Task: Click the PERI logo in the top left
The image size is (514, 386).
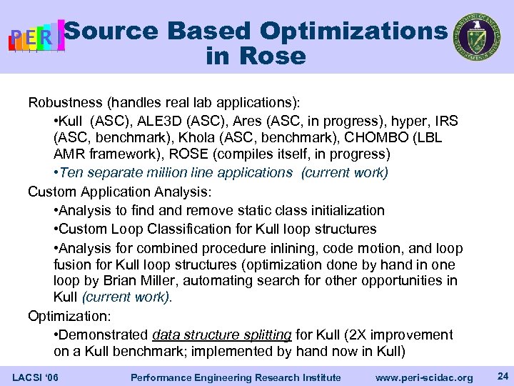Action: pyautogui.click(x=36, y=36)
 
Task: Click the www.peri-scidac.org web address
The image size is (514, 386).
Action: pyautogui.click(x=425, y=377)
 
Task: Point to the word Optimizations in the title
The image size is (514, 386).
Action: pyautogui.click(x=353, y=31)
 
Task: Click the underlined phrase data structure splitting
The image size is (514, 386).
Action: pyautogui.click(x=222, y=335)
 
